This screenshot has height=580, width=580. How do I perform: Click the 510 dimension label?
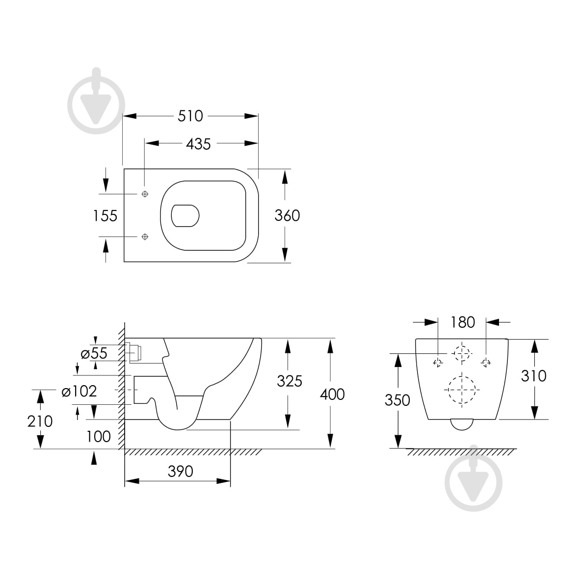pyautogui.click(x=190, y=116)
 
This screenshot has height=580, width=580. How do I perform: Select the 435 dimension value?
pyautogui.click(x=198, y=144)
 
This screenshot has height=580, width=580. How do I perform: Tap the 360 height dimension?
pyautogui.click(x=287, y=215)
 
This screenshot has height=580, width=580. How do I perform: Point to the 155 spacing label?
pyautogui.click(x=105, y=215)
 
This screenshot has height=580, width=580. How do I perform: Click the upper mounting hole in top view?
pyautogui.click(x=145, y=194)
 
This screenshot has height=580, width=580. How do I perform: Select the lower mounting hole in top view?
pyautogui.click(x=145, y=237)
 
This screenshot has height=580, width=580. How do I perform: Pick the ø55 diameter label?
pyautogui.click(x=94, y=353)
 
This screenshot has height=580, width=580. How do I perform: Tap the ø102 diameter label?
pyautogui.click(x=79, y=391)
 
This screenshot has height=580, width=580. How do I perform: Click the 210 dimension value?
pyautogui.click(x=40, y=421)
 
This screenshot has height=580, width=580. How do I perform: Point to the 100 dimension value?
pyautogui.click(x=99, y=436)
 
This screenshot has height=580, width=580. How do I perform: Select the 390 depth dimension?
pyautogui.click(x=181, y=472)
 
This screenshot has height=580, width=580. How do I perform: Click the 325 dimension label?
pyautogui.click(x=289, y=381)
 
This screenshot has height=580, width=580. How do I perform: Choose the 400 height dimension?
pyautogui.click(x=332, y=394)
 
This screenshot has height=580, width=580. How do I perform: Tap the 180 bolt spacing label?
pyautogui.click(x=463, y=322)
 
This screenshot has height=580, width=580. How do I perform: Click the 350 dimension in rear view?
pyautogui.click(x=397, y=400)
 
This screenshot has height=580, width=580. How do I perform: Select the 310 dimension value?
pyautogui.click(x=534, y=376)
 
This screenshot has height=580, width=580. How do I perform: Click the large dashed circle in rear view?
pyautogui.click(x=461, y=390)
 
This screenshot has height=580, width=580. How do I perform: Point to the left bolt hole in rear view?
pyautogui.click(x=438, y=363)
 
